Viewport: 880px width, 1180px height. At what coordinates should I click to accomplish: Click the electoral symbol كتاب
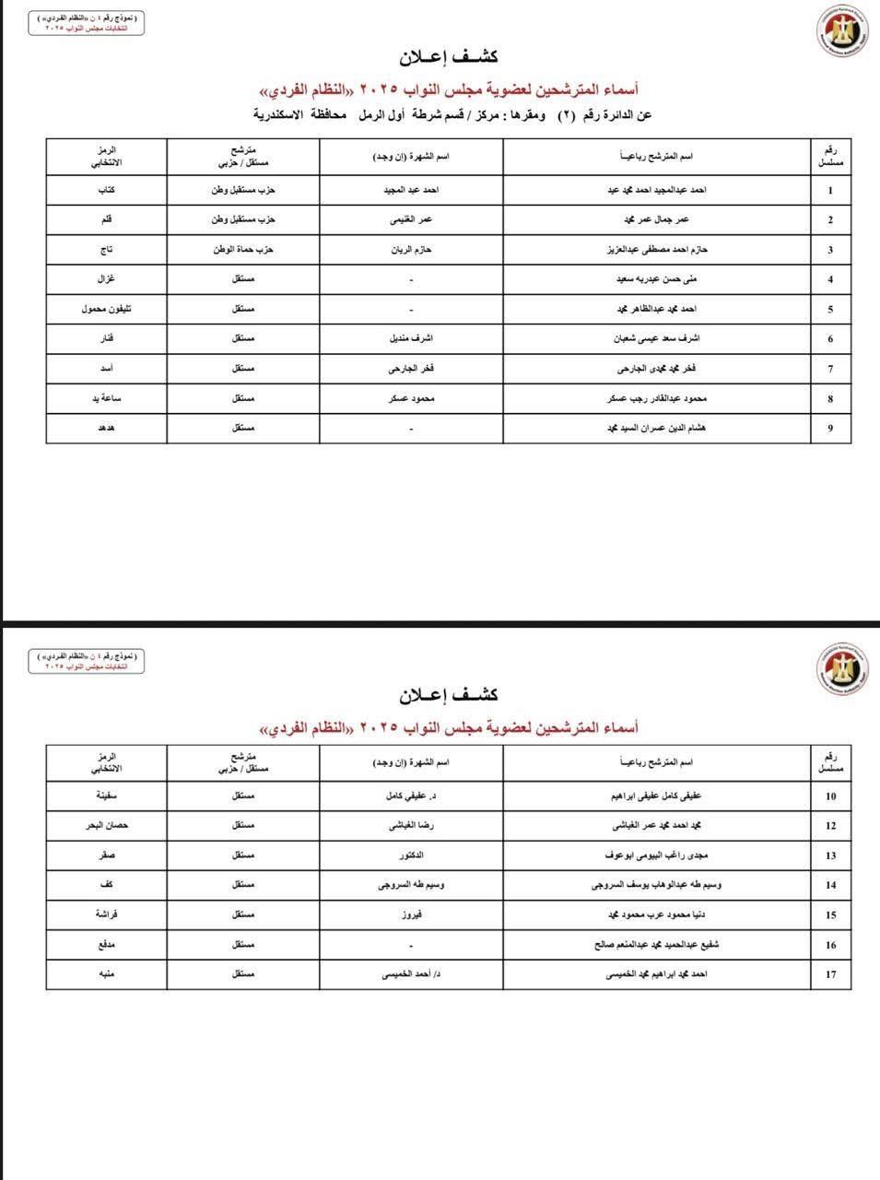tap(106, 190)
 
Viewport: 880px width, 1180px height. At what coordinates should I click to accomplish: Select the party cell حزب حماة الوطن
tap(243, 250)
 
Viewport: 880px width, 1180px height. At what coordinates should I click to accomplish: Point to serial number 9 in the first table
tap(830, 428)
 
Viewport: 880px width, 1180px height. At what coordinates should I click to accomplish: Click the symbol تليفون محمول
tap(106, 309)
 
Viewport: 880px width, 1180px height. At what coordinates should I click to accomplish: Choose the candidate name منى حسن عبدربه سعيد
tap(657, 279)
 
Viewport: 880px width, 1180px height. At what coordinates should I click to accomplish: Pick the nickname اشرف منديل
tap(411, 338)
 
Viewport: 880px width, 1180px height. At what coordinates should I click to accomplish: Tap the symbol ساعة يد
tap(106, 398)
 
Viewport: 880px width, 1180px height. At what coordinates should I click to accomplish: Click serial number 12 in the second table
tap(830, 826)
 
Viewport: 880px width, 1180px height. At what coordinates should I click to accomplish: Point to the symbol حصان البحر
tap(106, 825)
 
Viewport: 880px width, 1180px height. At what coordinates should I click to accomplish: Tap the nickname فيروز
tap(411, 914)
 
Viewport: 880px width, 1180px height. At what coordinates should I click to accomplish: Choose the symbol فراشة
tap(106, 914)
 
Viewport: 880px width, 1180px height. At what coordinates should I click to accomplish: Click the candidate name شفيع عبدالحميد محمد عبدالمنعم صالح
tap(657, 945)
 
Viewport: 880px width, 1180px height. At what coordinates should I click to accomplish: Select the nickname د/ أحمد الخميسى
tap(411, 974)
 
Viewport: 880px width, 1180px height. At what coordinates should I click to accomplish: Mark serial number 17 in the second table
tap(830, 974)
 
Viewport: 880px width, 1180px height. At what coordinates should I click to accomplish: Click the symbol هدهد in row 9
tap(106, 428)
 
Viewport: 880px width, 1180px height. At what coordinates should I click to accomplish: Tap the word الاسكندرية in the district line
tap(280, 115)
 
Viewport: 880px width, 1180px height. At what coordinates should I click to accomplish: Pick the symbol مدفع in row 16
tap(106, 945)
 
